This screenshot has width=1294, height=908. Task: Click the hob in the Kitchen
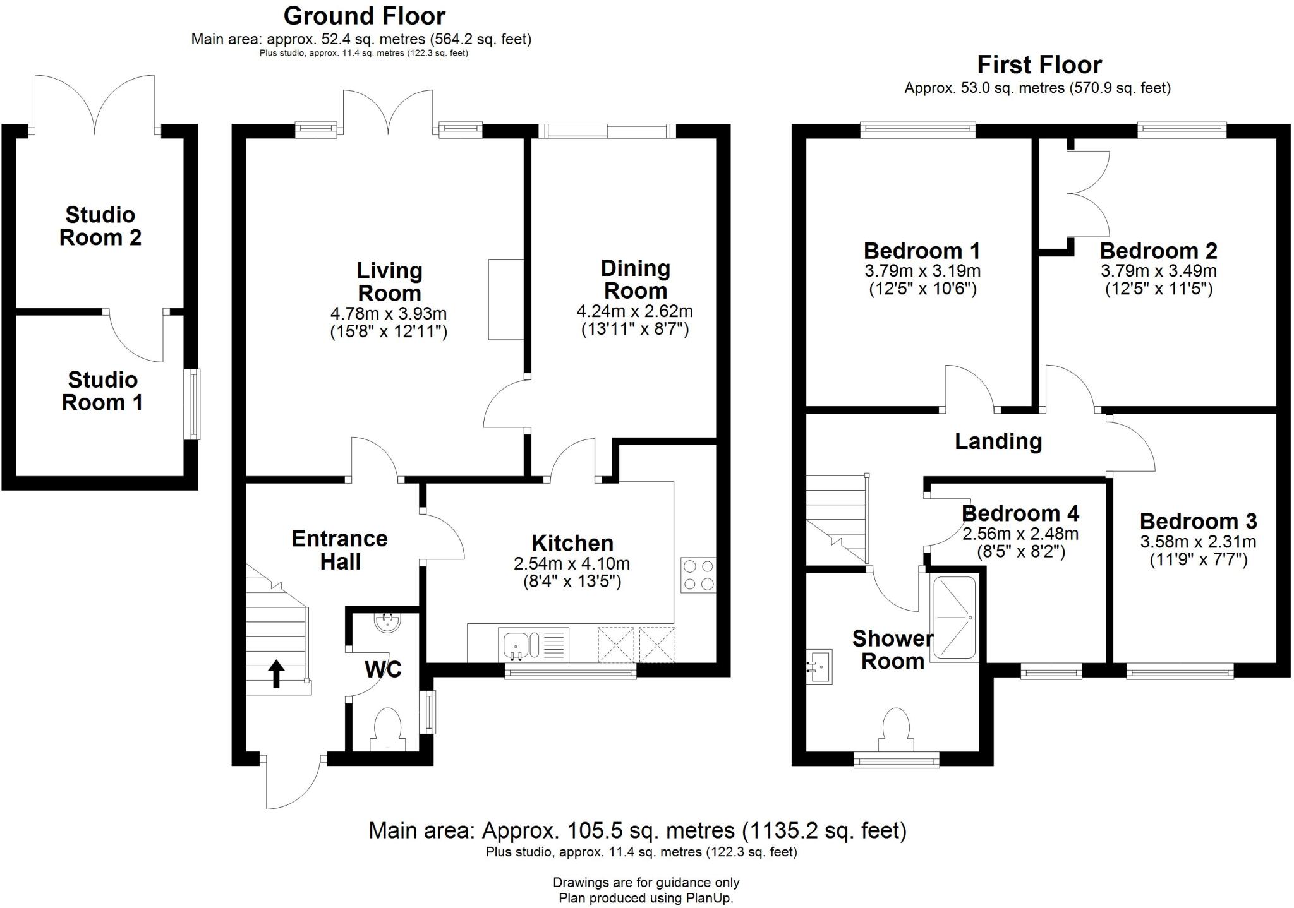click(698, 575)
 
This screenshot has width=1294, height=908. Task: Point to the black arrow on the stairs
click(276, 673)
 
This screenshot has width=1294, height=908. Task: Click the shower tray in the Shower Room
click(955, 618)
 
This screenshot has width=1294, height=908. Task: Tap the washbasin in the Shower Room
click(819, 666)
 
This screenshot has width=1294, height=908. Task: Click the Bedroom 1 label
click(922, 251)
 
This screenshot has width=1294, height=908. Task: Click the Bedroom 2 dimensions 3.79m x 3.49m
click(1158, 271)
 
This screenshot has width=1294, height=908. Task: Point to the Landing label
click(998, 441)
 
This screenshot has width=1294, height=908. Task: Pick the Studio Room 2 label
click(100, 226)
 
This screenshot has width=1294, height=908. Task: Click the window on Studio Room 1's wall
click(192, 404)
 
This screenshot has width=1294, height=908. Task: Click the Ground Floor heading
click(364, 15)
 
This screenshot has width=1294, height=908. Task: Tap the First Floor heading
click(1039, 64)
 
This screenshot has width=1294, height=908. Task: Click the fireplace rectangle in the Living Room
click(505, 299)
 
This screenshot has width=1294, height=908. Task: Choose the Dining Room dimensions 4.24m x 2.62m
click(634, 311)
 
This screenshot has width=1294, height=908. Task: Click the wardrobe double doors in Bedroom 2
click(1088, 193)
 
